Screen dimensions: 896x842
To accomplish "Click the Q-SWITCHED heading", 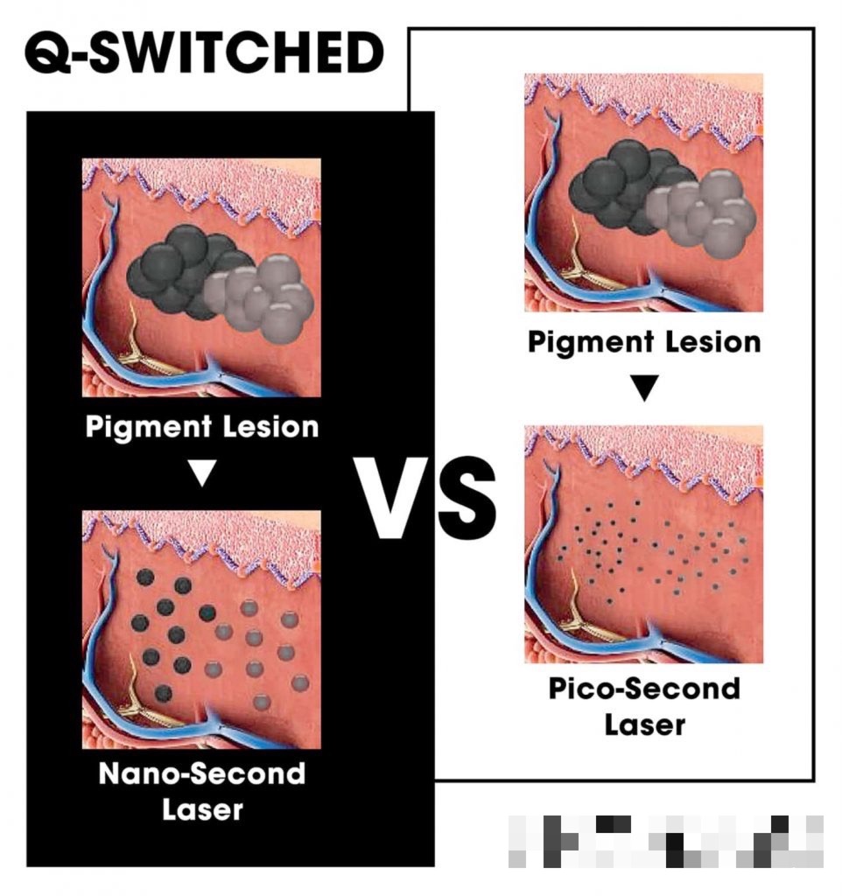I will click(203, 54).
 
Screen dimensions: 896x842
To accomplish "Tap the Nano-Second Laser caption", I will click(202, 791).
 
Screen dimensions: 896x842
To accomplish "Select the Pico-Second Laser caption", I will click(643, 705).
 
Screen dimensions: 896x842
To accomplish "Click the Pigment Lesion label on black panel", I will click(202, 428).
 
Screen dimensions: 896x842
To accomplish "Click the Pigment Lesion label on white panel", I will click(644, 341).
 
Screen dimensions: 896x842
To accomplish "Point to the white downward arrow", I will click(202, 473).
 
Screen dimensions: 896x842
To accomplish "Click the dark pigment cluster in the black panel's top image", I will click(175, 267).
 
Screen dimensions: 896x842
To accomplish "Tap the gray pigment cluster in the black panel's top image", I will click(263, 297).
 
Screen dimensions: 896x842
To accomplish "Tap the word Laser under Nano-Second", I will click(202, 808).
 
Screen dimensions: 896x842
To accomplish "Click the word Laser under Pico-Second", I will click(643, 724).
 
